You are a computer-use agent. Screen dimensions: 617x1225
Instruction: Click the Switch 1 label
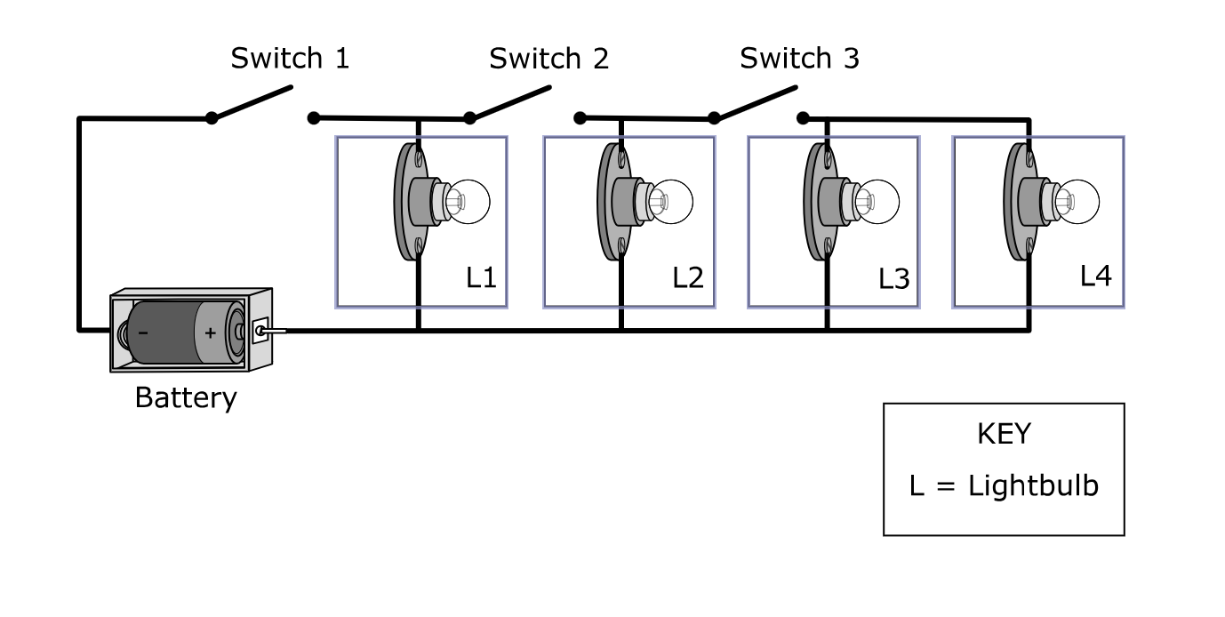[x=290, y=59]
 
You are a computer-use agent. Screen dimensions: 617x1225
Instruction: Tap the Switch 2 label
[x=548, y=59]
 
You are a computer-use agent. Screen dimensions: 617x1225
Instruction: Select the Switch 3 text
[x=799, y=59]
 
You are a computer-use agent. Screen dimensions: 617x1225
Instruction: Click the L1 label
[x=481, y=277]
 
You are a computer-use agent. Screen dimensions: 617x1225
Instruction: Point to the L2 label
[x=687, y=277]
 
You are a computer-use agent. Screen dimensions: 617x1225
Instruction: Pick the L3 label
[x=893, y=279]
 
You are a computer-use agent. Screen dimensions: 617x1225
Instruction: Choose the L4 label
[x=1095, y=276]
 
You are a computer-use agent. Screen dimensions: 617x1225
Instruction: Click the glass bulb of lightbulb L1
[x=467, y=201]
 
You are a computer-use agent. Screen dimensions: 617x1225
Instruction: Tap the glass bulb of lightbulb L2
[x=669, y=201]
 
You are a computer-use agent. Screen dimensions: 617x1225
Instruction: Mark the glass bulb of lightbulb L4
[x=1077, y=201]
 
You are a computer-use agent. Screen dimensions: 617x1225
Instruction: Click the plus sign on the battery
[x=210, y=333]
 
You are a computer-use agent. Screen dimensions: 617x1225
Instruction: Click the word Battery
[x=186, y=397]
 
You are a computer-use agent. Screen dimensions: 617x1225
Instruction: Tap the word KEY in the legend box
[x=1004, y=434]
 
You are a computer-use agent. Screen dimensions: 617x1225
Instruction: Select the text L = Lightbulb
[x=1004, y=486]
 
